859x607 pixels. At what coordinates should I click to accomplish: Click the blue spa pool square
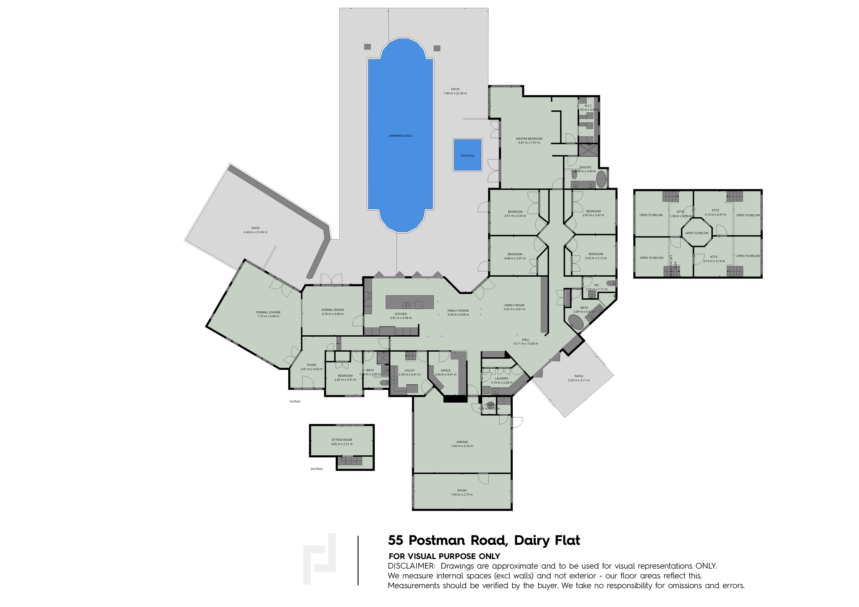tap(467, 155)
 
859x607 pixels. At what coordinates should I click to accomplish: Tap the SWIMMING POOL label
tap(400, 136)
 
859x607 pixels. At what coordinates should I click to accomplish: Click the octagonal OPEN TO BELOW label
tap(697, 233)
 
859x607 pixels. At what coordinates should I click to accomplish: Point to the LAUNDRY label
tap(501, 378)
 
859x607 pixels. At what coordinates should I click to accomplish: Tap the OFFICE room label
tap(446, 371)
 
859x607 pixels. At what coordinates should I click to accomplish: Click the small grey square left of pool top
tap(367, 47)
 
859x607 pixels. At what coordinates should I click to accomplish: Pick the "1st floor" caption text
tap(294, 401)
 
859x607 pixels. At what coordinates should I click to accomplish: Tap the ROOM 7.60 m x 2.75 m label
tap(462, 492)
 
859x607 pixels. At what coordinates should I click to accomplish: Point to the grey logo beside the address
tap(319, 559)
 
